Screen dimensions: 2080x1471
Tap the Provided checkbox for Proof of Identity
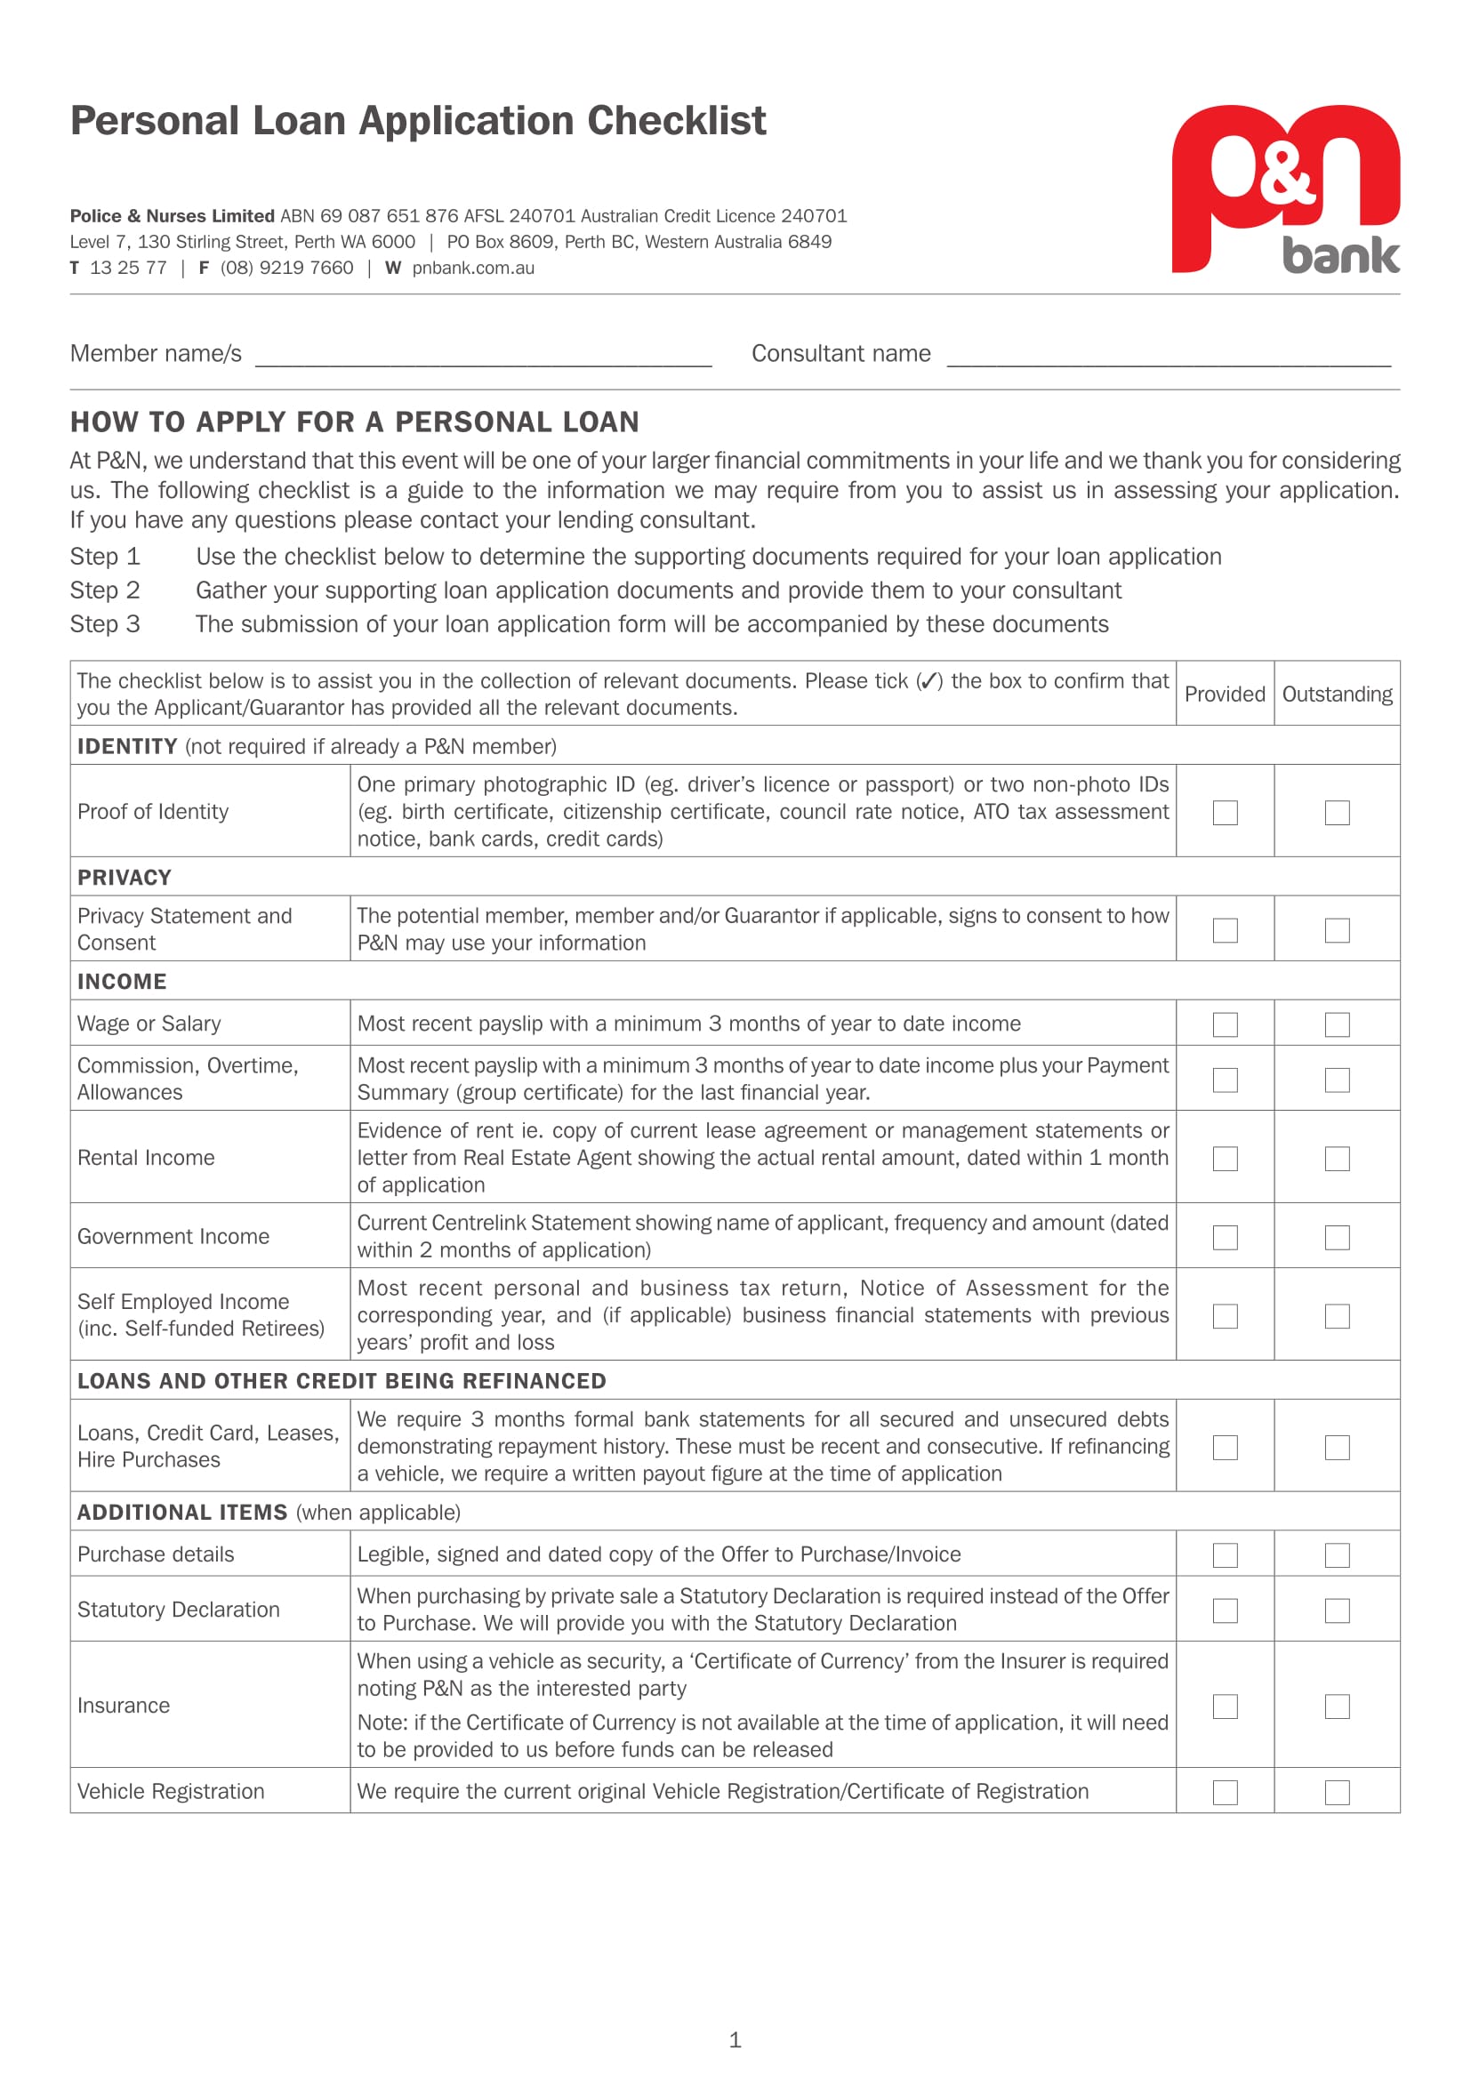click(1225, 812)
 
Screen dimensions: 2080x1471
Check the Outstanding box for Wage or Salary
click(1337, 1024)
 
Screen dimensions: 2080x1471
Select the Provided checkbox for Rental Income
click(1225, 1158)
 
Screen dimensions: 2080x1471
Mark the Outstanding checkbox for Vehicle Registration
click(1337, 1792)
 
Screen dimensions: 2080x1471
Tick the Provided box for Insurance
click(1225, 1706)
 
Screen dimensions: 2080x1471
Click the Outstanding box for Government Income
click(1337, 1237)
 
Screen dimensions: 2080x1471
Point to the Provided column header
click(1225, 694)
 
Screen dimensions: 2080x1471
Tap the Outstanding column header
click(1337, 694)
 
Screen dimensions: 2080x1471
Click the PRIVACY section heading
click(125, 877)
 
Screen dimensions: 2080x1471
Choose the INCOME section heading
click(121, 981)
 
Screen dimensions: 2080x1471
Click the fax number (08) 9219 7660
click(286, 269)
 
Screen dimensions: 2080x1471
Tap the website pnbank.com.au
click(473, 269)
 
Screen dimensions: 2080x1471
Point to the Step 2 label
click(105, 590)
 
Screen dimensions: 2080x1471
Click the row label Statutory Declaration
click(179, 1609)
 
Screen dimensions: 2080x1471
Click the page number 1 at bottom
click(735, 2039)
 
